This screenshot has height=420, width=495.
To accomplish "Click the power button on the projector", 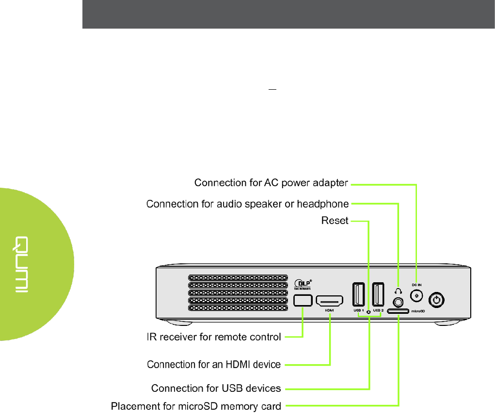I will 437,300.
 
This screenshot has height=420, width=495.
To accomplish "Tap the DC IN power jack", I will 416,296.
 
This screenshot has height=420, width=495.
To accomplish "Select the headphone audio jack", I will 399,302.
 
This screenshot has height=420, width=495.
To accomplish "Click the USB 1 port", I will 359,294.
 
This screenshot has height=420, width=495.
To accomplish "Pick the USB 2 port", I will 379,294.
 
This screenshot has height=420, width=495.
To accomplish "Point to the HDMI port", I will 330,301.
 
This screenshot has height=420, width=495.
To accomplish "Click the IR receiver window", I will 303,300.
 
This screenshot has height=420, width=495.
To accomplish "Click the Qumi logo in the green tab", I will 23,265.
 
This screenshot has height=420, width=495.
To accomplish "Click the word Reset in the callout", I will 335,221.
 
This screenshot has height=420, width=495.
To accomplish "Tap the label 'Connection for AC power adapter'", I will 271,183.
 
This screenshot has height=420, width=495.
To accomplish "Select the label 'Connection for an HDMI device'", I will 214,364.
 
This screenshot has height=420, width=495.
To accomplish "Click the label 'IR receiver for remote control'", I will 214,337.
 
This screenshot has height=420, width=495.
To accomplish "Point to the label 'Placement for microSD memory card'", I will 196,405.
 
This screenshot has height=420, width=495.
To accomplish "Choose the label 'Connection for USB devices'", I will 216,388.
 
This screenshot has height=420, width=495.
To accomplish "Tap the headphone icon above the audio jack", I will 399,291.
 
